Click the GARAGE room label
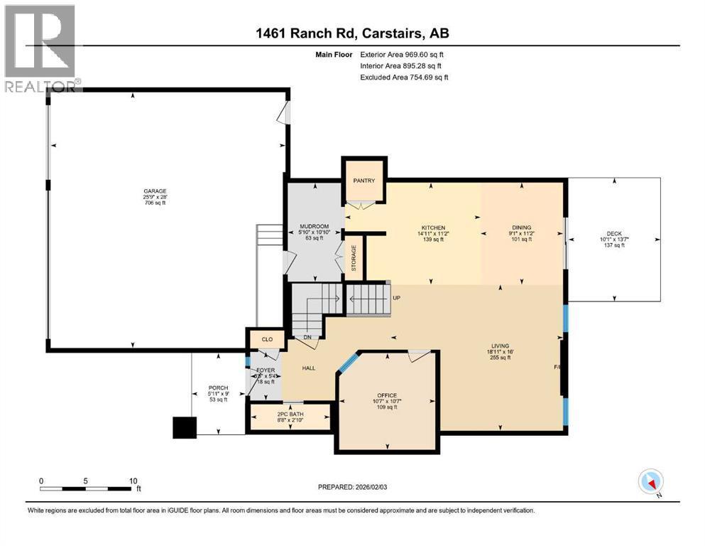click(154, 191)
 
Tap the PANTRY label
click(364, 181)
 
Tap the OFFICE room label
click(387, 395)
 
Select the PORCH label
click(218, 387)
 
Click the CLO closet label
click(267, 339)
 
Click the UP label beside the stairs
click(397, 298)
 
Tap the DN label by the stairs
click(307, 338)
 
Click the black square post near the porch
click(185, 427)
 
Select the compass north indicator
click(651, 482)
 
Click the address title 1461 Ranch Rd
click(352, 33)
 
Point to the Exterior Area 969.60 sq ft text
click(403, 54)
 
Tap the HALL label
click(308, 368)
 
